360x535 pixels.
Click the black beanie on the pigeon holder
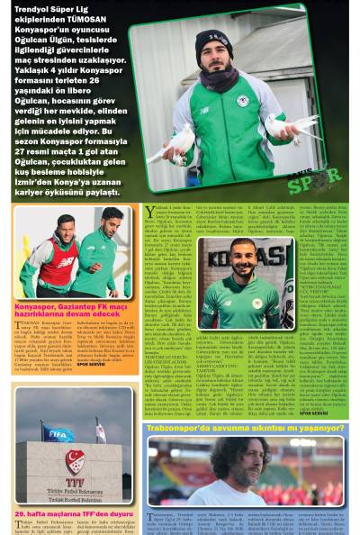(x=213, y=40)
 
